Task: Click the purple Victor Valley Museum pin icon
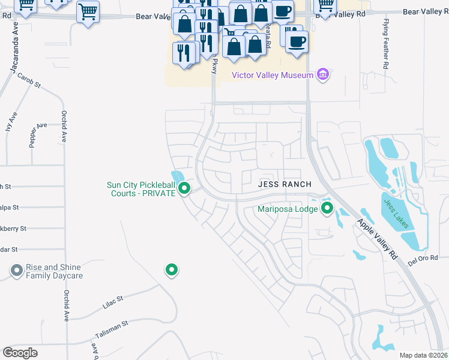[323, 75]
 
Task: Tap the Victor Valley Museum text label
[273, 75]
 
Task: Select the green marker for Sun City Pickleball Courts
[185, 189]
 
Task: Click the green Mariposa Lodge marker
[327, 209]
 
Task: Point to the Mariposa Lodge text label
[288, 209]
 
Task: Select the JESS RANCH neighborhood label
[285, 185]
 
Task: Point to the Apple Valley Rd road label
[377, 238]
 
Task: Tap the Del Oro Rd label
[423, 258]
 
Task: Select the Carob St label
[28, 80]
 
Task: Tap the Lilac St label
[112, 301]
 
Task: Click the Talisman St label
[112, 327]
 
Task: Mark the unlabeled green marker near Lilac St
[172, 270]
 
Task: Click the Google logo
[20, 352]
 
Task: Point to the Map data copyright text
[423, 355]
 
